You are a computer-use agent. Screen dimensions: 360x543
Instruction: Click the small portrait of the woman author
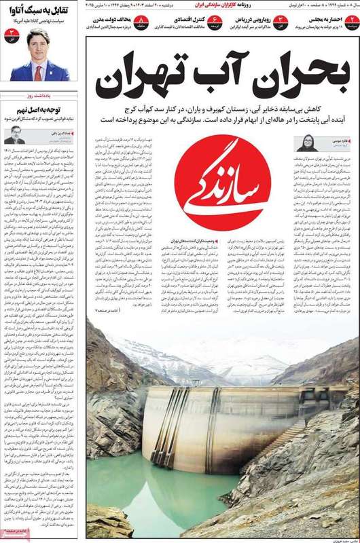click(304, 143)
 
